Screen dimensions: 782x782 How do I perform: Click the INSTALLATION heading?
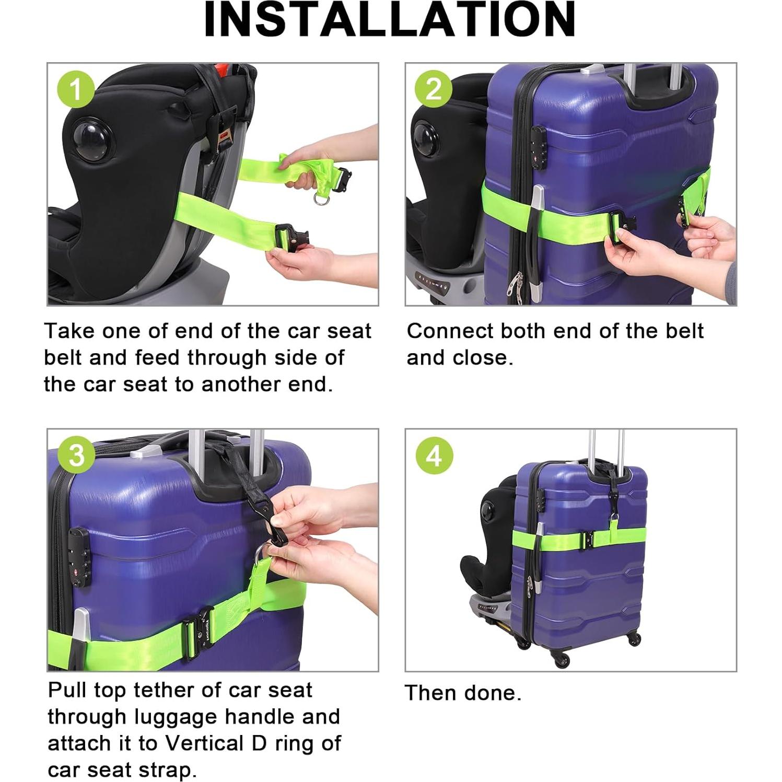(x=390, y=19)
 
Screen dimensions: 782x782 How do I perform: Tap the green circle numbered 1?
(x=76, y=89)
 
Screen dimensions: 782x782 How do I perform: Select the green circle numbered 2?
(x=434, y=89)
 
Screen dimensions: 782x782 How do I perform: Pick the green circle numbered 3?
(x=76, y=455)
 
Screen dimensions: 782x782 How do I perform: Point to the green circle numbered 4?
(x=434, y=456)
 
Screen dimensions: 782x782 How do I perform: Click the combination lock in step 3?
(x=79, y=556)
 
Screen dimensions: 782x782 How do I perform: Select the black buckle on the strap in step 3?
(x=199, y=633)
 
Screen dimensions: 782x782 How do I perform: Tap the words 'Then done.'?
(x=463, y=693)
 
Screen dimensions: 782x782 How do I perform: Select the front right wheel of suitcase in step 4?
(x=635, y=640)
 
